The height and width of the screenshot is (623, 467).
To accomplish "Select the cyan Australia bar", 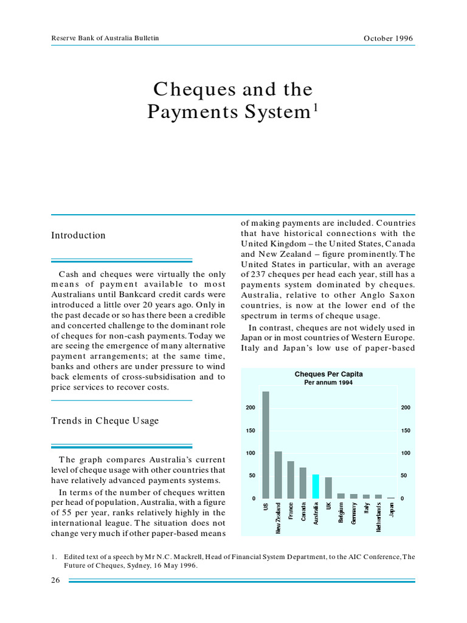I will [316, 487].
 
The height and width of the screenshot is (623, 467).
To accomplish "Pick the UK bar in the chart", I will [328, 488].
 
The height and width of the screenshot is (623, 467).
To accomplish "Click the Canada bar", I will [303, 483].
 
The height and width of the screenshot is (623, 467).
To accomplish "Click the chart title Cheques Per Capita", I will [328, 374].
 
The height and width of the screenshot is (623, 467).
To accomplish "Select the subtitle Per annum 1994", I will [328, 383].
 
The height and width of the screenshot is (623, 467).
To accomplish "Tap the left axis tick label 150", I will [251, 431].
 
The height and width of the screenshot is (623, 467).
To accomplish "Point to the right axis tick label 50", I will [406, 476].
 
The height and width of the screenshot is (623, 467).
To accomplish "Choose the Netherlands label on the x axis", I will [379, 517].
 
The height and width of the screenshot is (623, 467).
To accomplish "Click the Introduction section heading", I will [78, 235].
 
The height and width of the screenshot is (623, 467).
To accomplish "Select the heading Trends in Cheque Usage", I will [105, 421].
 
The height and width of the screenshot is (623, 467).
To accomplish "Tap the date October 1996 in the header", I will [388, 38].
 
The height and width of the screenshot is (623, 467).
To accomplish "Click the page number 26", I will [55, 580].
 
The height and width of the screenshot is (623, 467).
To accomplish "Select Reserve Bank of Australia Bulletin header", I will [105, 38].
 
